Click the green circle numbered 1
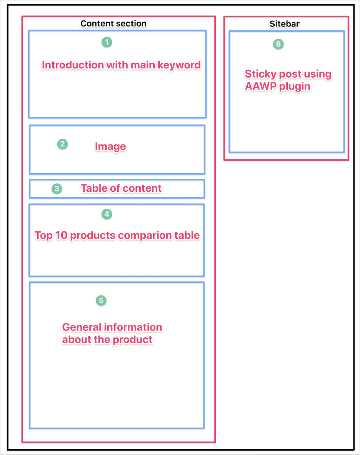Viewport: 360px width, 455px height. point(107,42)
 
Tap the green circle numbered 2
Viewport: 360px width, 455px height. point(62,144)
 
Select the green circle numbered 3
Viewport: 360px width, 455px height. point(57,189)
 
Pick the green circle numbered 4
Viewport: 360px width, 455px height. point(107,214)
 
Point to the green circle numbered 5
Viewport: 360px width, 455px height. point(101,301)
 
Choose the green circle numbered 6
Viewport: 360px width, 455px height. point(278,44)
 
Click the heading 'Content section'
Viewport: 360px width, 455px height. point(113,23)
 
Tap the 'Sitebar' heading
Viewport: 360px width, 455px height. point(285,24)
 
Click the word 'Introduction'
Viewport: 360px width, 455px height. point(73,65)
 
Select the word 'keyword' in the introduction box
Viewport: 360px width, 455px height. point(179,65)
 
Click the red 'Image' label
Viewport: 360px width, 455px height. point(110,147)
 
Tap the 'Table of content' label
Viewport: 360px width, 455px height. point(121,188)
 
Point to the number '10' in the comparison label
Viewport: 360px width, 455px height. point(61,235)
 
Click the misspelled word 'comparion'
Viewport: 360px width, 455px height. point(145,236)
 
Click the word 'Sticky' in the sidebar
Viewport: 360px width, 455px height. point(260,74)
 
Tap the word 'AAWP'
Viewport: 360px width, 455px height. point(261,86)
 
